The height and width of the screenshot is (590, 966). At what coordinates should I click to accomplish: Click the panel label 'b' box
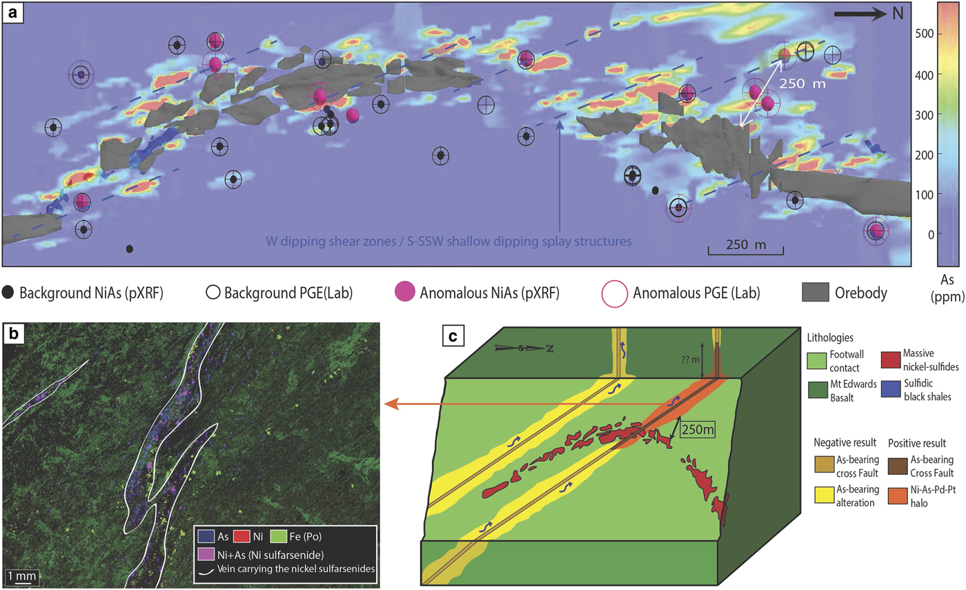point(12,336)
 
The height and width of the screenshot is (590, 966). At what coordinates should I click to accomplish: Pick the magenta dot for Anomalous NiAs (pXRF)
point(406,292)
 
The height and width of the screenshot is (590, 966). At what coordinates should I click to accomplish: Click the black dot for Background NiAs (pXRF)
point(8,292)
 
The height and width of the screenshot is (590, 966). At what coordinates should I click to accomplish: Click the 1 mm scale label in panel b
point(19,574)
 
